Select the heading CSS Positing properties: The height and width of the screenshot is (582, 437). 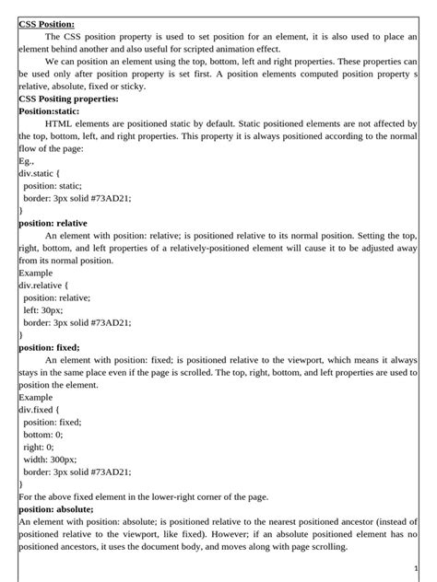pyautogui.click(x=68, y=98)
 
